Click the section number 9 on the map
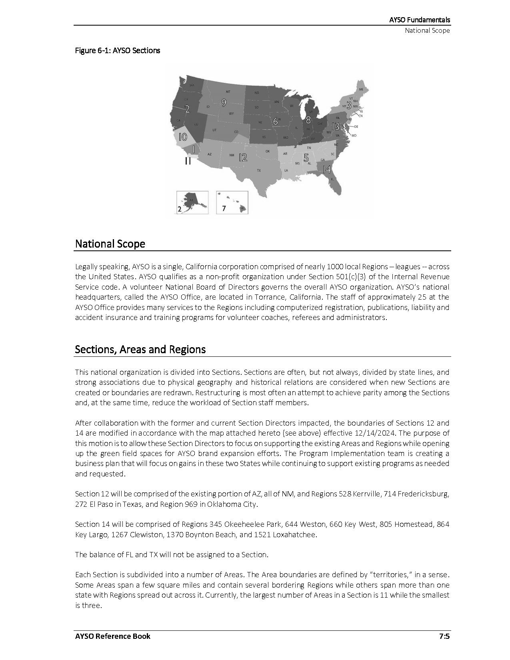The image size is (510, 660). (224, 103)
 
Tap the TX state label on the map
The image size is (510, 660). (259, 170)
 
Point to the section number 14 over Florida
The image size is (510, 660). (326, 169)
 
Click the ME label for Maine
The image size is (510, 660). (361, 89)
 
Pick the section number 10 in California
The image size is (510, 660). (182, 137)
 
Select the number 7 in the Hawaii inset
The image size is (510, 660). (224, 208)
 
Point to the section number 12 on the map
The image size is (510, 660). (243, 158)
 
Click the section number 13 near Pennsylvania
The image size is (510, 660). (335, 126)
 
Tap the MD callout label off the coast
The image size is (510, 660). (354, 136)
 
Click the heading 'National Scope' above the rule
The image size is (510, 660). (110, 244)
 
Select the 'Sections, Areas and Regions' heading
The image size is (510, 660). (140, 349)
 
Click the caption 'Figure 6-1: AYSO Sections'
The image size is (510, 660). (118, 50)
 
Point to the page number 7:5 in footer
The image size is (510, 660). (444, 636)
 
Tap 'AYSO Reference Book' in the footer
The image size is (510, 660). (112, 636)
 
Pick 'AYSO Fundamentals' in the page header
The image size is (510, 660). (419, 20)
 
